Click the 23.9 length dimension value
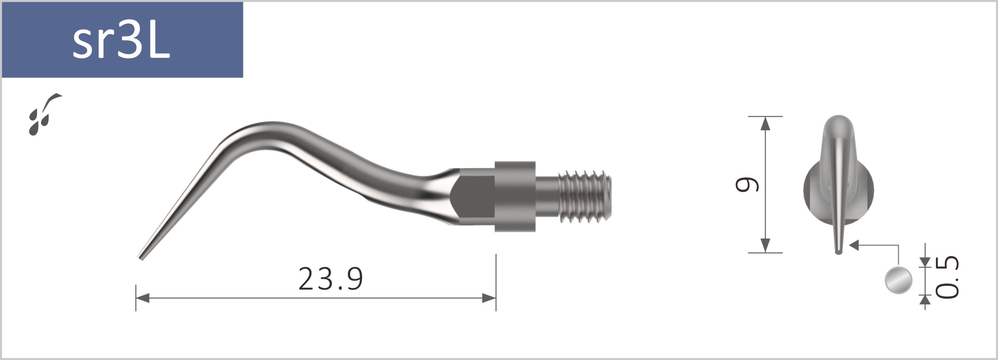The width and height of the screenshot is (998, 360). tap(330, 279)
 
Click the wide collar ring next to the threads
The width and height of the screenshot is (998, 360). tap(515, 196)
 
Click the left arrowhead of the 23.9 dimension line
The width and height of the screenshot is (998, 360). tap(143, 298)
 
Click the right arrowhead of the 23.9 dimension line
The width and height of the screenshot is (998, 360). tap(489, 298)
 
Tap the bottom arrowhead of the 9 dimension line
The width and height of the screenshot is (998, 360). tap(765, 246)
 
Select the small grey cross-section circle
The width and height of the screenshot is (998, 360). tap(898, 280)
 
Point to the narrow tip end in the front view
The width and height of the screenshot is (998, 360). tap(838, 251)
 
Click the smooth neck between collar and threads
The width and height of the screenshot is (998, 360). tap(547, 196)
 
